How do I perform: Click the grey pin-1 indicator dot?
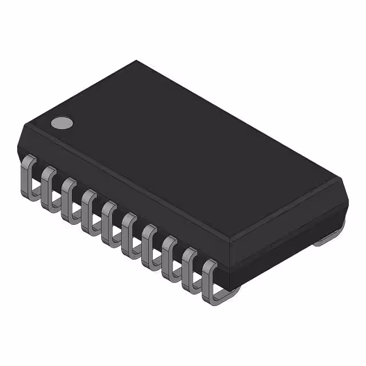tap(62, 122)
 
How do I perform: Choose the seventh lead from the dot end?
tap(149, 238)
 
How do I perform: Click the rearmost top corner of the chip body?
tap(136, 61)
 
